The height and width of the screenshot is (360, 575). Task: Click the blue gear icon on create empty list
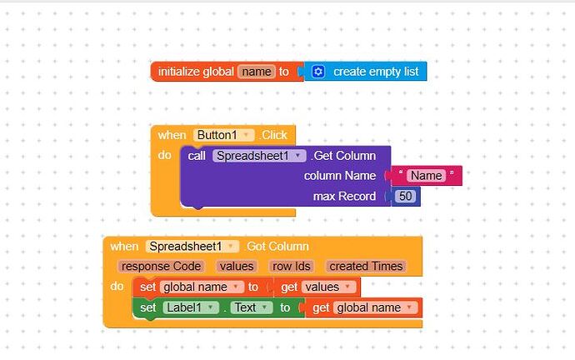click(x=317, y=72)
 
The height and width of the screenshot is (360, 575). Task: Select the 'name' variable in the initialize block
click(x=256, y=72)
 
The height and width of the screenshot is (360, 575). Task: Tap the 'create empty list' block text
click(x=375, y=72)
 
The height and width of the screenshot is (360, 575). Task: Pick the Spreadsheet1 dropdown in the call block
click(x=259, y=156)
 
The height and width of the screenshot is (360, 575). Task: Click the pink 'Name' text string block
click(x=427, y=176)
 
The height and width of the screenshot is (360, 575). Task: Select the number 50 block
click(x=406, y=197)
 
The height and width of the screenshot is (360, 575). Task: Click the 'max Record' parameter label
click(x=344, y=197)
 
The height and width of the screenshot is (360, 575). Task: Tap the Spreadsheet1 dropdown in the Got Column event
click(x=192, y=246)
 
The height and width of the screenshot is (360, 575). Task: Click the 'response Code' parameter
click(x=161, y=267)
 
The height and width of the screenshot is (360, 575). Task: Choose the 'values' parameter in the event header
click(x=237, y=267)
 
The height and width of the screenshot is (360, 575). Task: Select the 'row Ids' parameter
click(x=292, y=267)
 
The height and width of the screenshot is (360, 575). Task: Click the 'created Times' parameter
click(x=366, y=267)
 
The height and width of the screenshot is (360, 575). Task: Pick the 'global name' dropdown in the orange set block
click(x=201, y=287)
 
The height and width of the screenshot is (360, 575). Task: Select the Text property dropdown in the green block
click(x=252, y=307)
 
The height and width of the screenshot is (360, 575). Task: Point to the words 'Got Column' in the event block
click(x=278, y=246)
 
